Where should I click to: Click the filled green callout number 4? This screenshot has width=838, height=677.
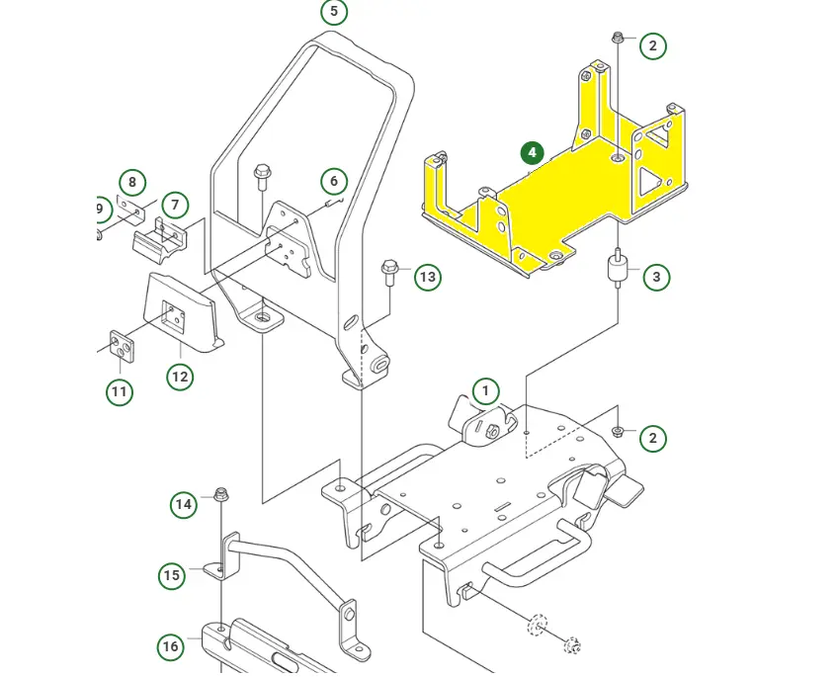533,153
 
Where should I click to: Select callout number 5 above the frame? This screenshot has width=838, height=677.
334,12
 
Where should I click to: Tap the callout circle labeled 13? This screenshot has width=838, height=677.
427,277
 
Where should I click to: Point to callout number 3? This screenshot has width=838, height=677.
657,278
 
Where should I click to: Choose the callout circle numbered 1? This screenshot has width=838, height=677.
485,390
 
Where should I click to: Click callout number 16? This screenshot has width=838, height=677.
171,647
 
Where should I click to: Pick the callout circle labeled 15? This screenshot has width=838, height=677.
172,575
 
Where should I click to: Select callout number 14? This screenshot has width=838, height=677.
184,505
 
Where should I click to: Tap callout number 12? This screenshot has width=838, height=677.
180,377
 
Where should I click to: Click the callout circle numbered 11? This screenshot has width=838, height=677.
120,392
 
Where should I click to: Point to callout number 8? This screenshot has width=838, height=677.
131,183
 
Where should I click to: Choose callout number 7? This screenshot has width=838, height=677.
175,206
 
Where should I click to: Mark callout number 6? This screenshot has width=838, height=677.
334,181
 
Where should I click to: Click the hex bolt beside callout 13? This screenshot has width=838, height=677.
388,269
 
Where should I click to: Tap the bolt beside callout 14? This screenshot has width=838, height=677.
219,494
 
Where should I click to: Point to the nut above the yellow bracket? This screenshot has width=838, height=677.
617,38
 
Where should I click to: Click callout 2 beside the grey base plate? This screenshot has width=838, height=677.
652,438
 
